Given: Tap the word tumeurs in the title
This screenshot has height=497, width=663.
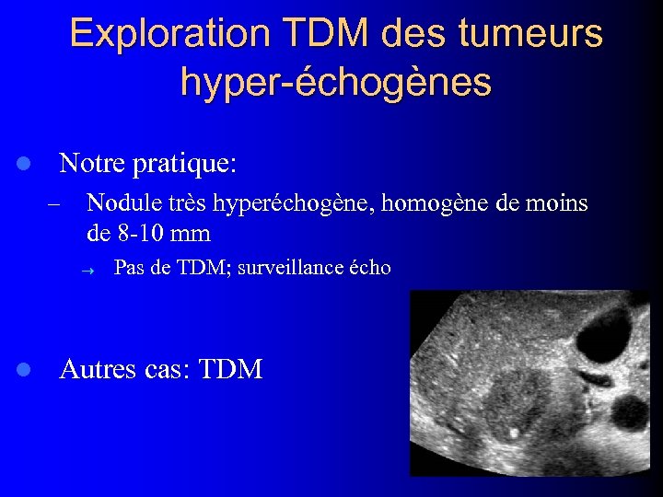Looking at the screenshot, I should click(x=532, y=34).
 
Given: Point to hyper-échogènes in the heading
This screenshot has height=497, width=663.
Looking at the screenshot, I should click(x=336, y=82).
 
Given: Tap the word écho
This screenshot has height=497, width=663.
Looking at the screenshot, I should click(x=370, y=269).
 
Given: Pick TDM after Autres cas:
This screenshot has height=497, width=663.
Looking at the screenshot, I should click(x=230, y=370).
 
